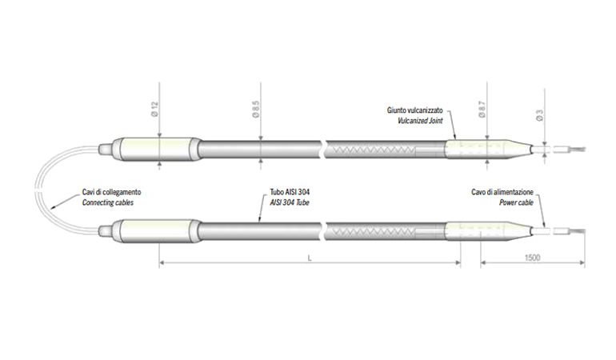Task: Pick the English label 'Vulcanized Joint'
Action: click(420, 119)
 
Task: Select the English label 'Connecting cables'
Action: click(108, 203)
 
